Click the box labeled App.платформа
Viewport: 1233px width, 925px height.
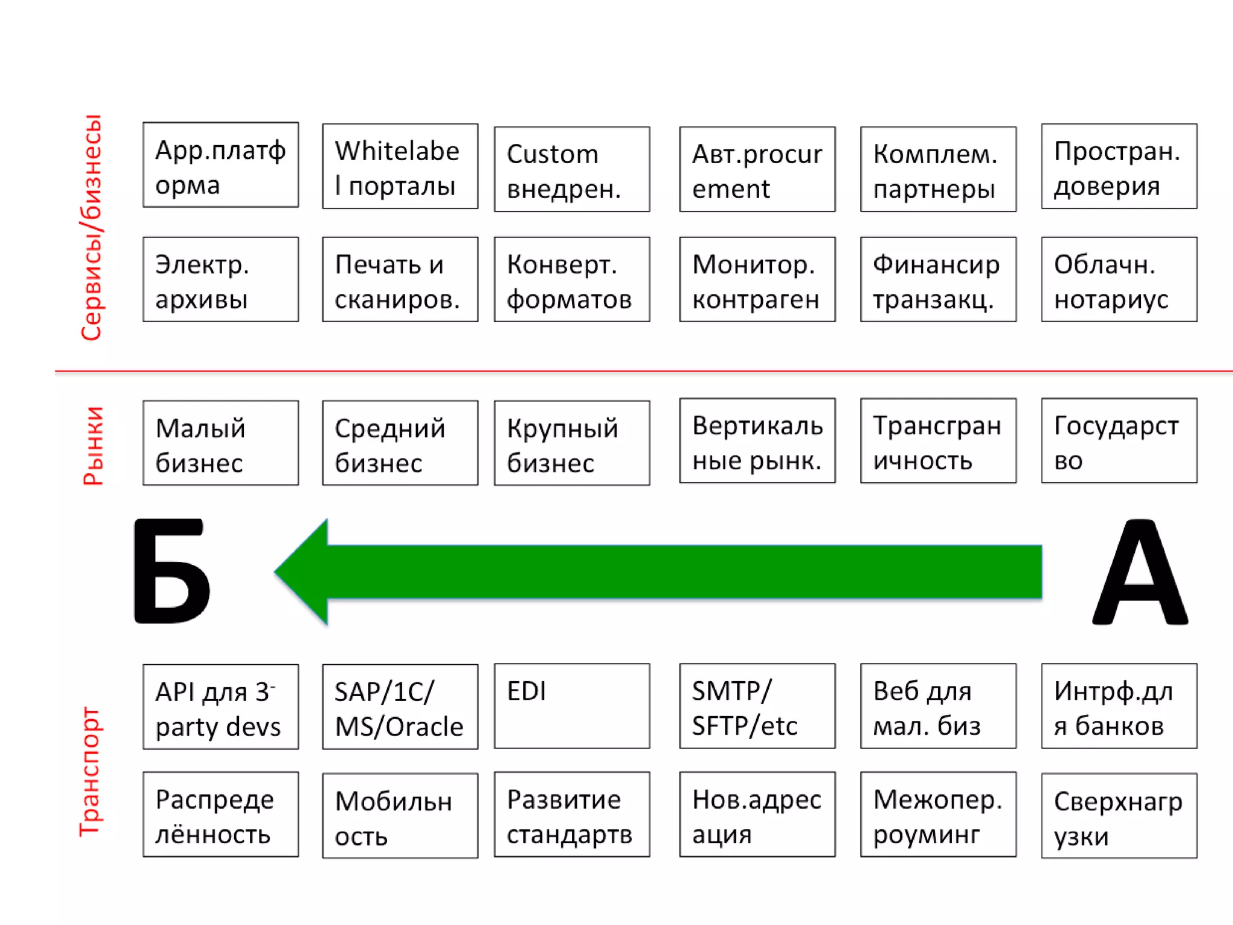[x=220, y=165]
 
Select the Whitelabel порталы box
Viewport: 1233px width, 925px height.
[x=400, y=167]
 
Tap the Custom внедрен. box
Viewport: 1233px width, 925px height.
[x=572, y=169]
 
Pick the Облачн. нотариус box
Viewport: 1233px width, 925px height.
[x=1119, y=279]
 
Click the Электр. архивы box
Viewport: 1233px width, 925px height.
[x=220, y=279]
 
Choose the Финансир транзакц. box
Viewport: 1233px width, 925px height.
[x=938, y=279]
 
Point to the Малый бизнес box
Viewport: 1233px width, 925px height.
[x=220, y=443]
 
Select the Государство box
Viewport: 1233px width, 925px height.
[x=1119, y=441]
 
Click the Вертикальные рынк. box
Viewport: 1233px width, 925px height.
[x=757, y=441]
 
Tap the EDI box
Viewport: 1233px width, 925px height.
[x=572, y=706]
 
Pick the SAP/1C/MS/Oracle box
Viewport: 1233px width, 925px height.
[x=400, y=707]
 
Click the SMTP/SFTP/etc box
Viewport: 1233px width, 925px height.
[x=757, y=706]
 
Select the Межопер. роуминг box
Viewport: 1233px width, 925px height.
[x=938, y=814]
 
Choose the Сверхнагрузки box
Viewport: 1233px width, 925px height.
[x=1119, y=815]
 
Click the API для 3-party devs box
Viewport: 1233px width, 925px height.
[x=220, y=707]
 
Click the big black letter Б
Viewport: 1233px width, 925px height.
[x=172, y=572]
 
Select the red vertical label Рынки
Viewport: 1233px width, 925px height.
[x=93, y=446]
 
